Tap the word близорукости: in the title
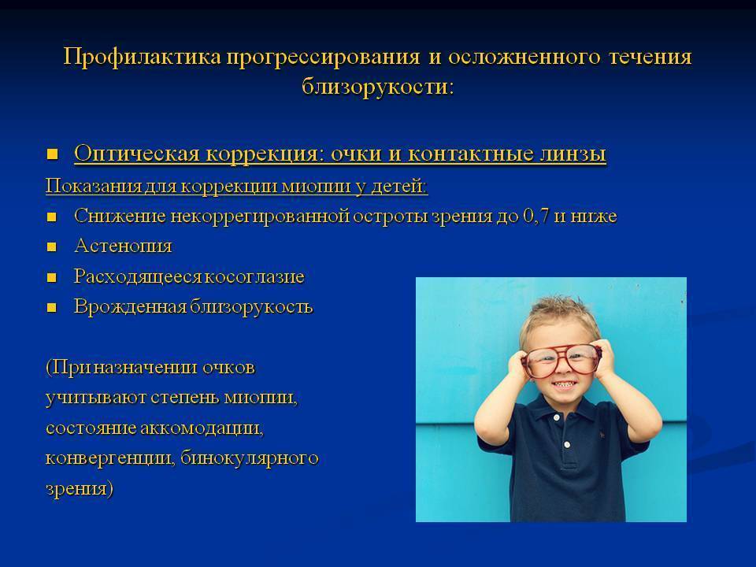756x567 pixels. pos(377,86)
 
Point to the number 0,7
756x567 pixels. pos(538,216)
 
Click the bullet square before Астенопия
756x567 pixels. pos(53,246)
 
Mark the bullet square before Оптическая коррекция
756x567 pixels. pos(53,153)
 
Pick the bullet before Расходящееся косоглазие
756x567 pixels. pos(53,277)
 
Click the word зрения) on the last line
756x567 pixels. pos(80,488)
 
